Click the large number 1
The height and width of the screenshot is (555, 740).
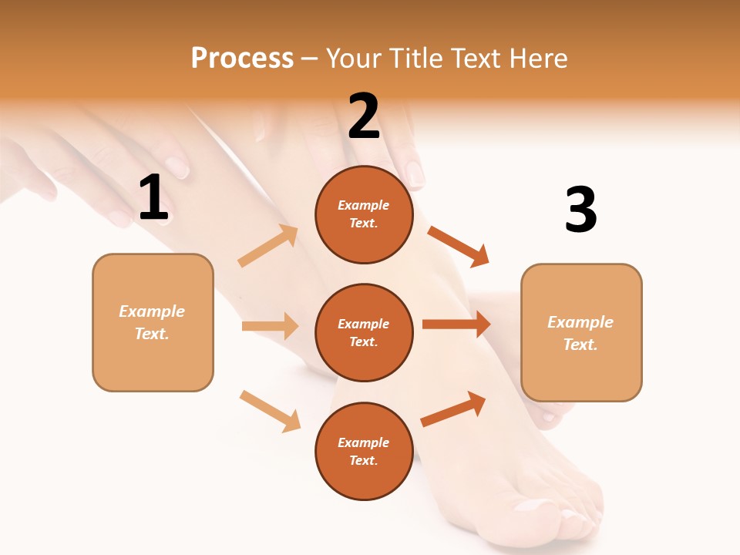[x=153, y=198]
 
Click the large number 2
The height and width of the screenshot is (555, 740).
[x=364, y=116]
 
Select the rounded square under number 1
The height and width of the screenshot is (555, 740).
[x=153, y=322]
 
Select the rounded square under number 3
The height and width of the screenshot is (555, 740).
[x=581, y=332]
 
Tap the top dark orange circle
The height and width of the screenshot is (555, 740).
[x=364, y=214]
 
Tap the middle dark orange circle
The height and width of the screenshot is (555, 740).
[x=364, y=332]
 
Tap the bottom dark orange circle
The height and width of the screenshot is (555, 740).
[x=364, y=451]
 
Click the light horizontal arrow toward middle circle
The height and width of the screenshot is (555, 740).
[x=271, y=326]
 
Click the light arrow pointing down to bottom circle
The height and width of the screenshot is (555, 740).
[x=271, y=410]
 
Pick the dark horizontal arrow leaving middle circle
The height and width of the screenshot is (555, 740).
[x=456, y=325]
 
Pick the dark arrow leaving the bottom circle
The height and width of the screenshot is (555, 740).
[x=454, y=409]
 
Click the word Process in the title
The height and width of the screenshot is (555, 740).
[x=242, y=58]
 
